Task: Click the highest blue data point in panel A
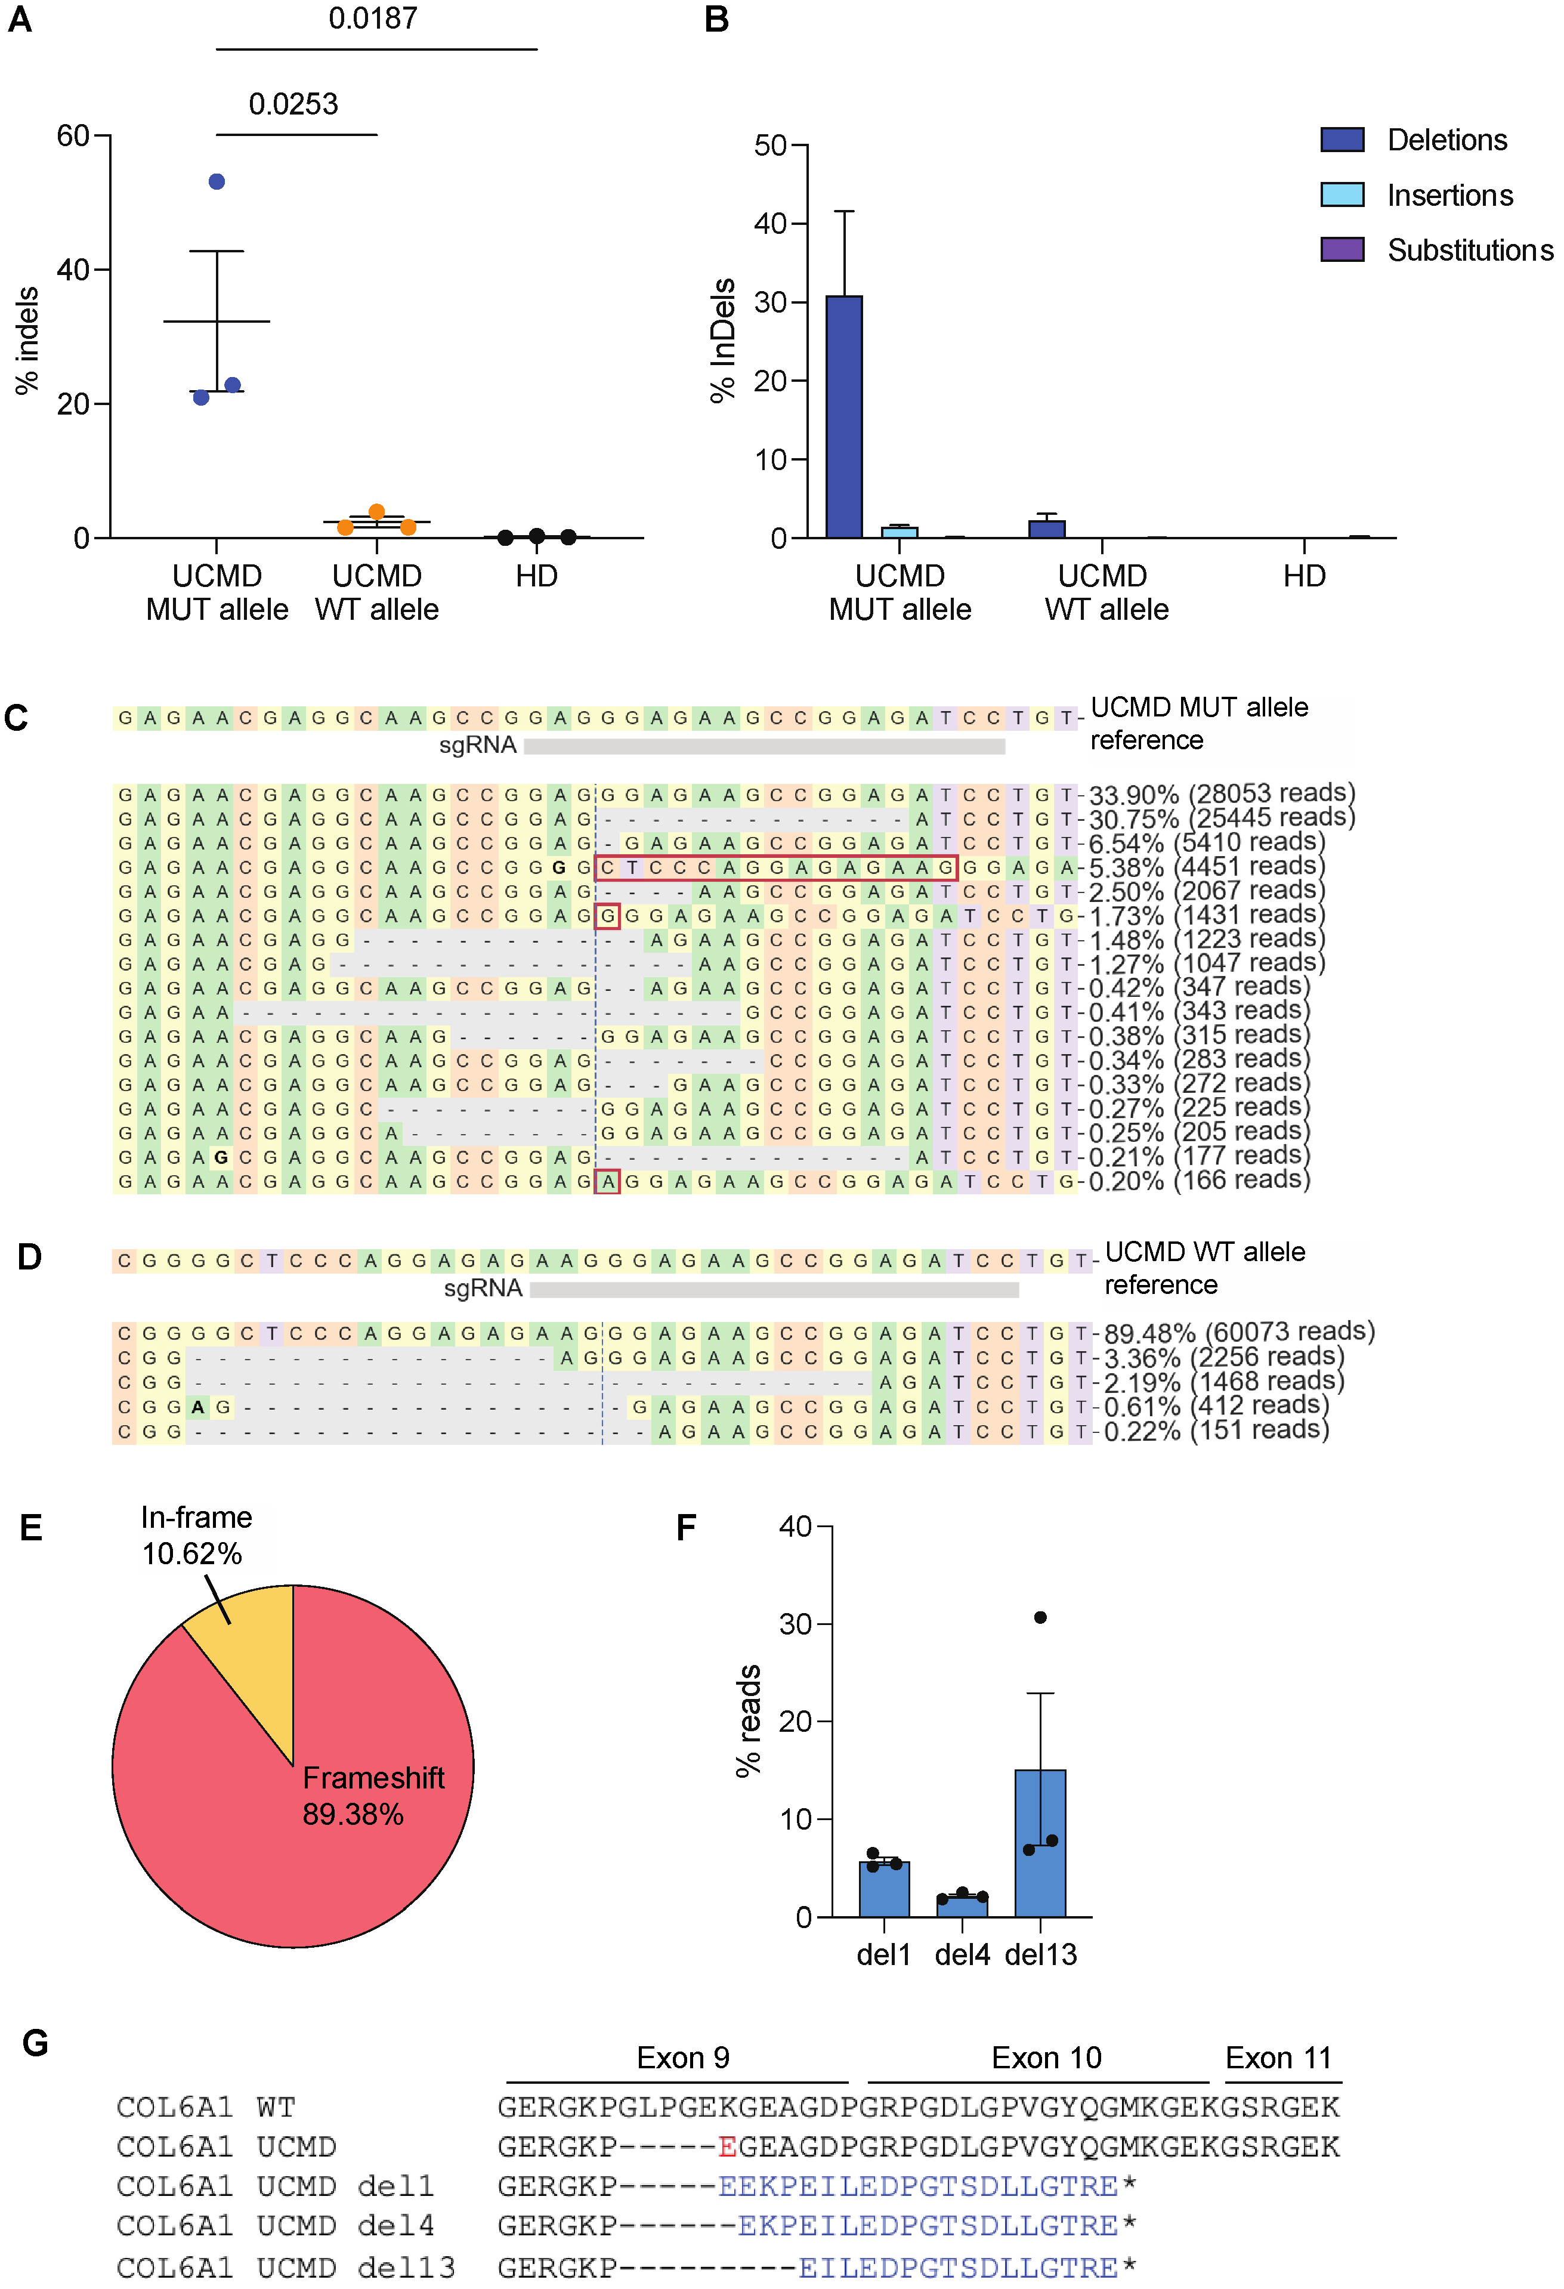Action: pos(217,181)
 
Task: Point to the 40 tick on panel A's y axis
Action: pos(73,269)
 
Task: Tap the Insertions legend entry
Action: pos(1449,195)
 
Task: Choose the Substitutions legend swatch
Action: pos(1342,249)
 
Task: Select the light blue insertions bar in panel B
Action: pos(899,532)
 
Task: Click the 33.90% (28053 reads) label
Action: pos(1221,794)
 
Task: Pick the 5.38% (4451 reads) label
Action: pos(1207,867)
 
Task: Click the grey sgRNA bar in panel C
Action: pos(764,746)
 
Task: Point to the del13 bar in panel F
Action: pos(1040,1842)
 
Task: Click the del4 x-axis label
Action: pos(962,1954)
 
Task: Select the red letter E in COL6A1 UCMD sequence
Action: pos(727,2146)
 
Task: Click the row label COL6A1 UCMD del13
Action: pos(286,2266)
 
